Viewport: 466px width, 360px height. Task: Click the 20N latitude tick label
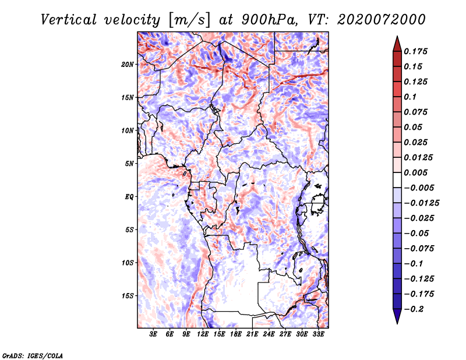128,64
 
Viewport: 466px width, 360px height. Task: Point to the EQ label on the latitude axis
129,197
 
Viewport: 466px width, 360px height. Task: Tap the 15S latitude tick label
128,296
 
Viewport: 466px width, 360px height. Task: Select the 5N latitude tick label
129,164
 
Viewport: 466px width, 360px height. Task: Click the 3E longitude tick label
154,335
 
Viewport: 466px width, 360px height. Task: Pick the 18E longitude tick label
236,335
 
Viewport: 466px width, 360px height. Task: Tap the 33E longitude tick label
318,335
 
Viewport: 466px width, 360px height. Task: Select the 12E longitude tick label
203,335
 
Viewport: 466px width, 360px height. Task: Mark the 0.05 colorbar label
414,127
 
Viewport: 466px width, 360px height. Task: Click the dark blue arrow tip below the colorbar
397,320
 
